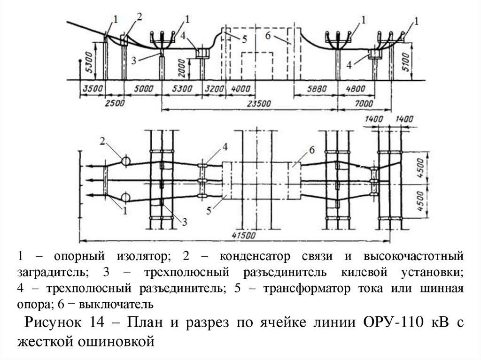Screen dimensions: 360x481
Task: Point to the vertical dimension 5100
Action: coord(407,61)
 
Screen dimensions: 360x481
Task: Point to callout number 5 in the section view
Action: coord(244,39)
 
